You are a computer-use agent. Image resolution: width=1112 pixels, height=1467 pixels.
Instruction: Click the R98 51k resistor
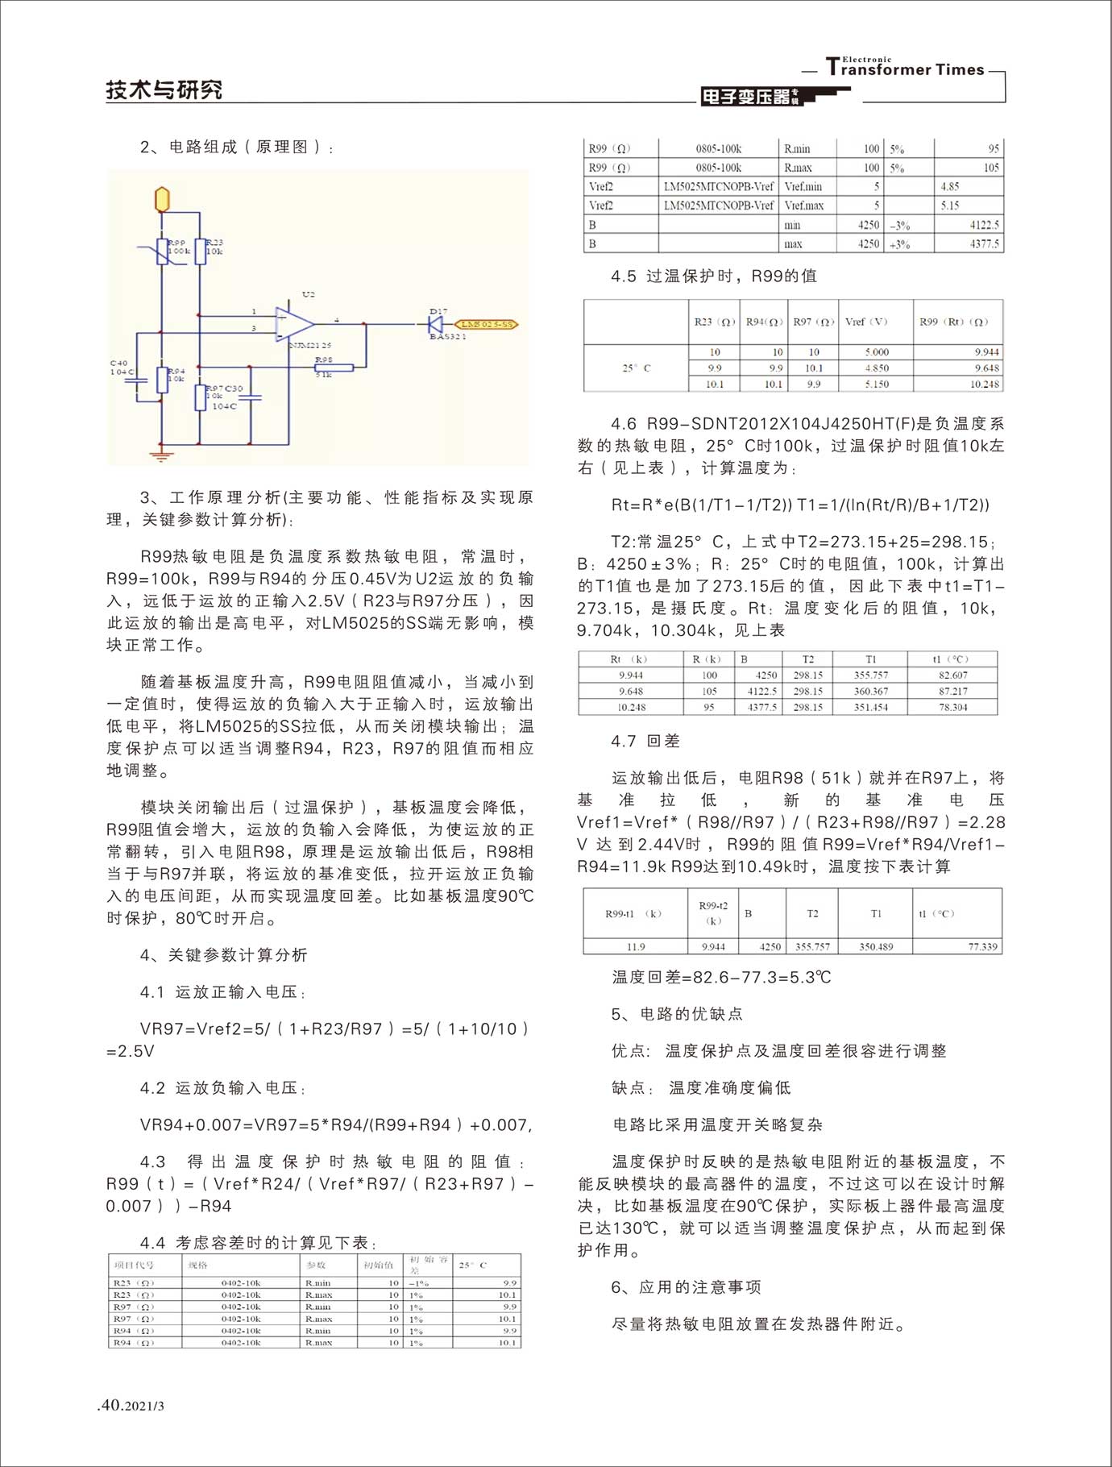click(x=334, y=368)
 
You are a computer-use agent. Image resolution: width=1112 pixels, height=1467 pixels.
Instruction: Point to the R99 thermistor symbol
click(x=162, y=251)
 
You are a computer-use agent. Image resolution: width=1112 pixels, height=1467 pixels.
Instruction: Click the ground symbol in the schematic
click(x=162, y=455)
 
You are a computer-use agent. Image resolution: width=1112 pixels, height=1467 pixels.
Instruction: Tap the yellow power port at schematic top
click(x=162, y=198)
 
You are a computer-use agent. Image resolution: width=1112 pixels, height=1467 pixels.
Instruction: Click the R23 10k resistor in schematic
click(x=200, y=251)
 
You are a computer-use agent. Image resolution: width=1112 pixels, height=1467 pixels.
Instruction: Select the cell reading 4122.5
click(x=984, y=225)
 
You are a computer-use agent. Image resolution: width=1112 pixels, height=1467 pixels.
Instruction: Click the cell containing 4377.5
click(x=984, y=243)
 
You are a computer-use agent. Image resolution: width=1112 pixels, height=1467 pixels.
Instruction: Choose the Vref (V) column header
click(x=866, y=322)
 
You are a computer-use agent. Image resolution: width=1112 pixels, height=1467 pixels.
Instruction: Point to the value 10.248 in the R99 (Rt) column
click(x=985, y=384)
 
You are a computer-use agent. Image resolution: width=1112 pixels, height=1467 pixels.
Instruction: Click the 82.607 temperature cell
click(x=952, y=675)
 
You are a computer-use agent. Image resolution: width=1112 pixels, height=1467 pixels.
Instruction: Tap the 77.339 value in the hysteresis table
click(x=982, y=947)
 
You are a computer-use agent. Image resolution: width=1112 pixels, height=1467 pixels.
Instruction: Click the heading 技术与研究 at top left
click(x=164, y=90)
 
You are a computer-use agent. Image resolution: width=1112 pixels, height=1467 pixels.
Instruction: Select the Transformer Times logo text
click(x=905, y=69)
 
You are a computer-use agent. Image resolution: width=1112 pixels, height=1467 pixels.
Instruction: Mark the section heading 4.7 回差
click(x=645, y=742)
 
